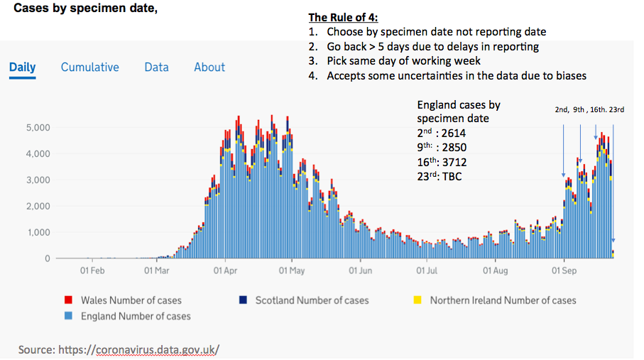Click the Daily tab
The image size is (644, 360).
(22, 67)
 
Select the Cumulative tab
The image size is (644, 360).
(90, 67)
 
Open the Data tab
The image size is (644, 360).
(156, 67)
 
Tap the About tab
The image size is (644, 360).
(209, 67)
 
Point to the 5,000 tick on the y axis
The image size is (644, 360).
(38, 128)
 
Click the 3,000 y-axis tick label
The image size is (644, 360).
(38, 180)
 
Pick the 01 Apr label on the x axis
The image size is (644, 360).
(224, 271)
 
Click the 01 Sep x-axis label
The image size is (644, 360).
(563, 271)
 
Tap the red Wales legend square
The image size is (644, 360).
(68, 300)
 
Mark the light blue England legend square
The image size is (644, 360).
(68, 316)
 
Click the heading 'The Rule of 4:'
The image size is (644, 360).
(343, 18)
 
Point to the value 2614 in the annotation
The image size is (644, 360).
(454, 133)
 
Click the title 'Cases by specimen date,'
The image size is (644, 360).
(85, 9)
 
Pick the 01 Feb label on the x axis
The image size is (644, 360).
(92, 271)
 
